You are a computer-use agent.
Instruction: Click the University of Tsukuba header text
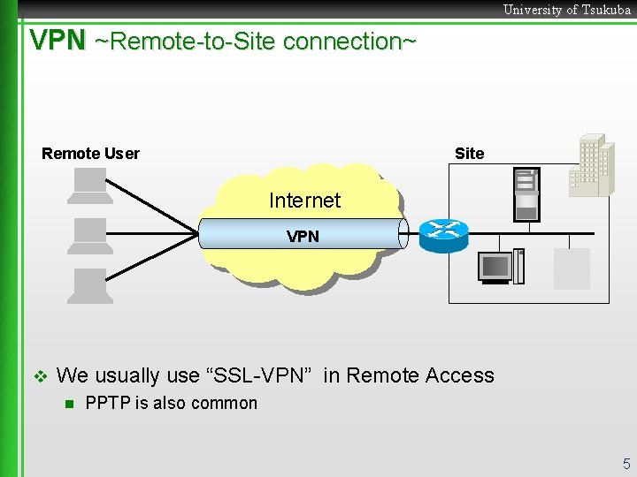click(x=566, y=10)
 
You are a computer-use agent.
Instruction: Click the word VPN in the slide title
click(x=58, y=41)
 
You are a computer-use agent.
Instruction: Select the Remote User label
click(x=90, y=154)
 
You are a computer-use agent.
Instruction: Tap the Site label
click(x=469, y=154)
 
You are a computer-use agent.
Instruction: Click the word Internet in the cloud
click(x=304, y=201)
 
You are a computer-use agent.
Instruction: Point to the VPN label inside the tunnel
click(x=303, y=237)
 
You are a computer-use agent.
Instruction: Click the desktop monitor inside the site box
click(x=495, y=268)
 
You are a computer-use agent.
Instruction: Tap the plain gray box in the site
click(x=572, y=269)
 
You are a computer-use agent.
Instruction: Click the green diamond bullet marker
click(x=38, y=376)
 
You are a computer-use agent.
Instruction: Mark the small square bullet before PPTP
click(x=67, y=405)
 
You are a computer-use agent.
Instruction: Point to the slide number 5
click(x=626, y=464)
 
